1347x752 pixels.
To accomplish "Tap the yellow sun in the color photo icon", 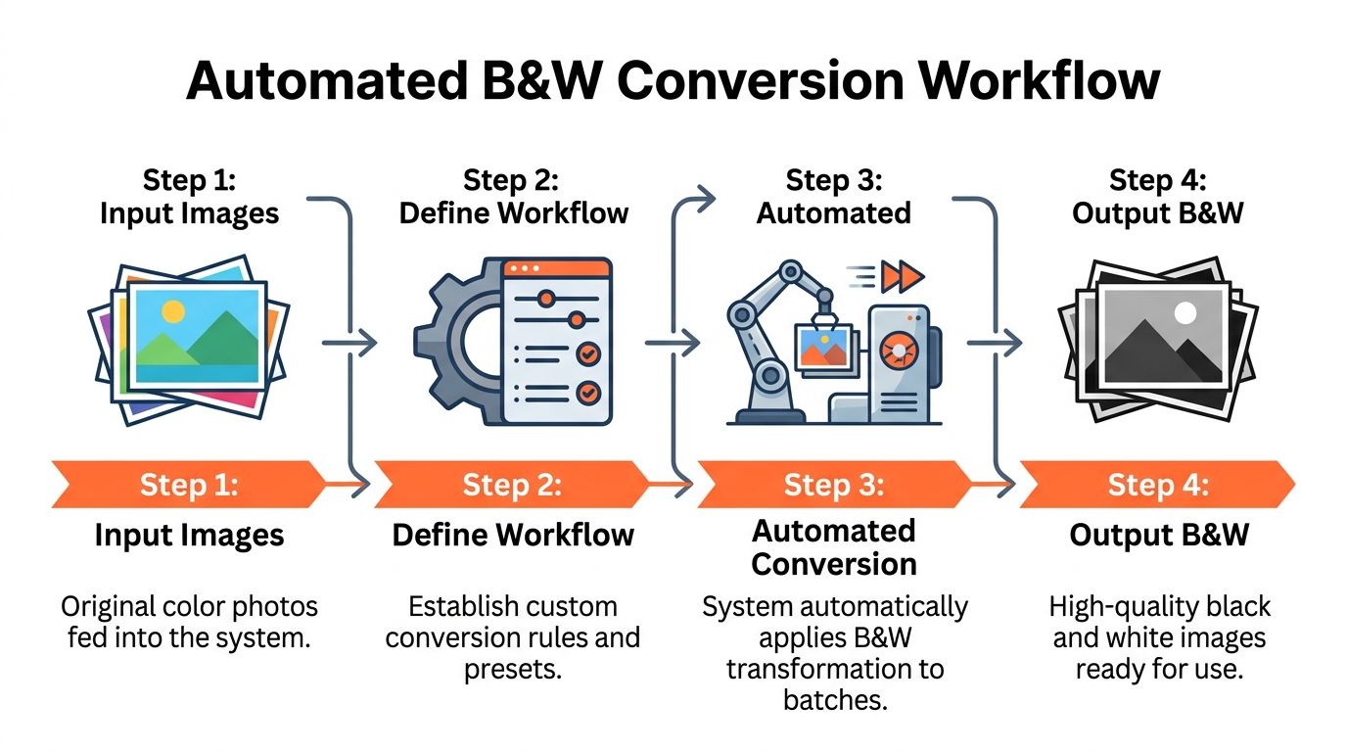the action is tap(173, 311).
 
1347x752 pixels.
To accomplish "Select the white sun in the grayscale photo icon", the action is tap(1185, 312).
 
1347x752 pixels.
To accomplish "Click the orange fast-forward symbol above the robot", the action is tap(902, 277).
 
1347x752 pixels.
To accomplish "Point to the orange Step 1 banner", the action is tap(189, 485).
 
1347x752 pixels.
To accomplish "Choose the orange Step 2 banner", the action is tap(512, 485).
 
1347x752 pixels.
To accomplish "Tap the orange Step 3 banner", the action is tap(834, 485).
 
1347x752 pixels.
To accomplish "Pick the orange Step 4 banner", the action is tap(1157, 485).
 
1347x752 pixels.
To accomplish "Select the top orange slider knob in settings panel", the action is tap(546, 299).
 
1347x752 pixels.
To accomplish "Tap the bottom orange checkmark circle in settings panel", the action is tap(587, 393).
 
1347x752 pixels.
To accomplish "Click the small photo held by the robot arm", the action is tap(824, 348).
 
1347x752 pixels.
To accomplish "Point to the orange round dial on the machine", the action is tap(898, 351).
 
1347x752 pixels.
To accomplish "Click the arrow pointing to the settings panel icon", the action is tap(349, 343).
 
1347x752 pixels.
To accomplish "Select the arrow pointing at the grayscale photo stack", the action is tap(995, 343).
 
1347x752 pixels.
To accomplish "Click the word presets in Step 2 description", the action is tap(513, 669).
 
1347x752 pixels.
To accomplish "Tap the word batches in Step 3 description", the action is tap(835, 700).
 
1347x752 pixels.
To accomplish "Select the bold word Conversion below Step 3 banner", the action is tap(834, 564).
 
